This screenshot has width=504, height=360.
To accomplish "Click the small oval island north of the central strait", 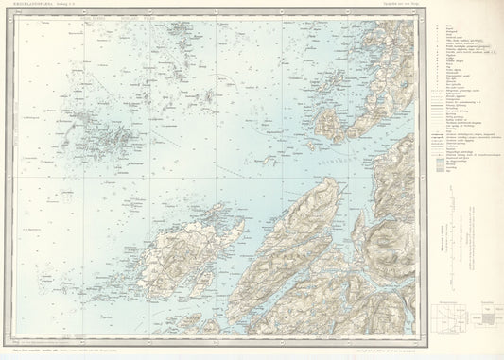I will pos(329,125).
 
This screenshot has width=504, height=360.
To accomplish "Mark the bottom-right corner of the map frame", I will pos(415,335).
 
